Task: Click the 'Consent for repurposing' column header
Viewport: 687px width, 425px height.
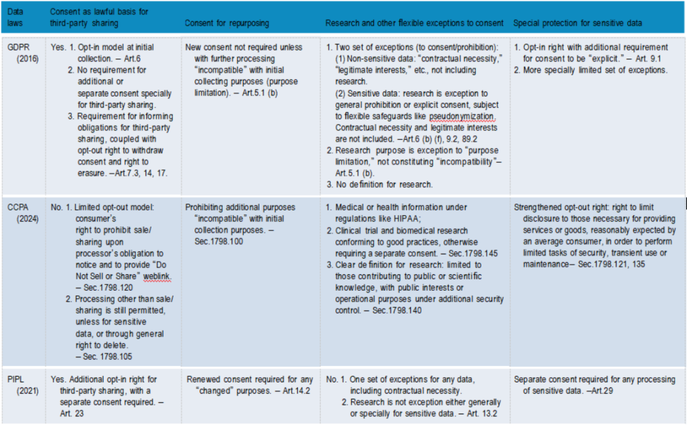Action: pos(226,24)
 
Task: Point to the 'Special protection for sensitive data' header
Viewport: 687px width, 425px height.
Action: pos(578,24)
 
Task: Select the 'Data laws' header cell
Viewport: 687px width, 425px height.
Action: pos(14,18)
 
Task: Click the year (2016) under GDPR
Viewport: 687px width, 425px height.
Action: pos(28,59)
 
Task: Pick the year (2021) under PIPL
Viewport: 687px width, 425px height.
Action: pos(28,390)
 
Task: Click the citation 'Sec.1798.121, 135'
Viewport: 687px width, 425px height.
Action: pos(609,264)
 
